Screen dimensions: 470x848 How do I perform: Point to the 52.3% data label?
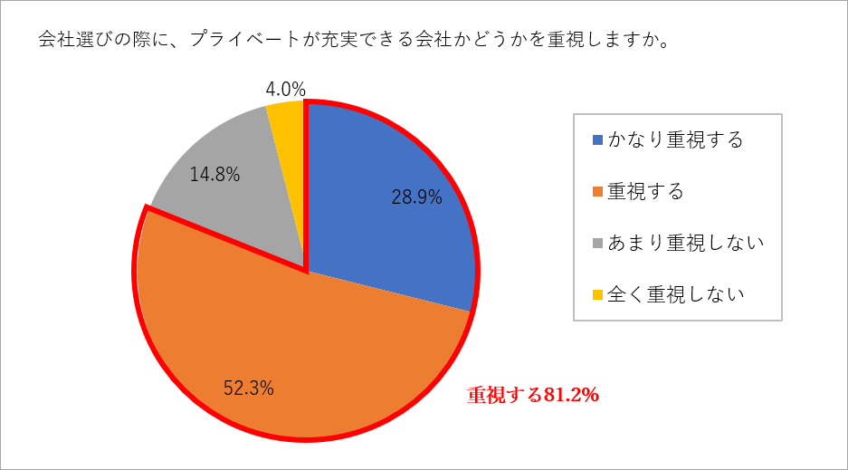point(249,388)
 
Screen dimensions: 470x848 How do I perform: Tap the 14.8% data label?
point(214,175)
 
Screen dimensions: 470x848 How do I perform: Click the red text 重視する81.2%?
point(534,395)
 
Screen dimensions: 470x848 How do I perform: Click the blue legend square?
point(596,140)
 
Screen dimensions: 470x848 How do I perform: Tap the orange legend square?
point(596,192)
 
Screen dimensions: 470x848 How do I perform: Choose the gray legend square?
point(596,243)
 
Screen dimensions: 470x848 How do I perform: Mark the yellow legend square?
point(596,294)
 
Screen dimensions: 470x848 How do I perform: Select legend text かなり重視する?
point(675,140)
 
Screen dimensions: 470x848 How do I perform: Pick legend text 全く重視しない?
point(675,294)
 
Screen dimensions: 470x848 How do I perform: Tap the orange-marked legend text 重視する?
point(644,192)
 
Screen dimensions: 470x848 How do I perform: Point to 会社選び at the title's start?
point(72,41)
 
